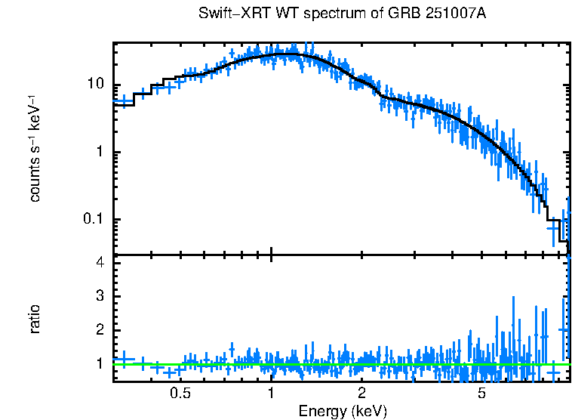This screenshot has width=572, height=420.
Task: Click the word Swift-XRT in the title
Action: (228, 14)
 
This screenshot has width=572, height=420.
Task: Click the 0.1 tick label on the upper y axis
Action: (91, 219)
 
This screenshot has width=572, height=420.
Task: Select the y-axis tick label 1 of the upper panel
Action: (100, 152)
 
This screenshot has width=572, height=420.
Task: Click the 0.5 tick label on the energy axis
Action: (180, 394)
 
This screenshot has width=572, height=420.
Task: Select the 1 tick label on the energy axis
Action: (271, 394)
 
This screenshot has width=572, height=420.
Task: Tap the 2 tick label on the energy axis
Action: (362, 394)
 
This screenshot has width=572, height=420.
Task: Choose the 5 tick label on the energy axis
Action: (482, 394)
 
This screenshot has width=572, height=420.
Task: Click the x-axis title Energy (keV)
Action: (343, 411)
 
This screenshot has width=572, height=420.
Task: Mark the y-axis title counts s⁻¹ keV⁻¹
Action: (35, 148)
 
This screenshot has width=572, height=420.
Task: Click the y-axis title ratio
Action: (35, 320)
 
